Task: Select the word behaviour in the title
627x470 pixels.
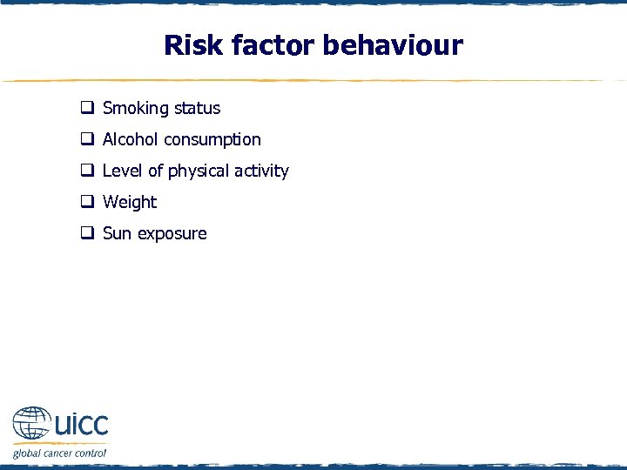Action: coord(393,45)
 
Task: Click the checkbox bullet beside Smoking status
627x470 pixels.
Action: coord(88,109)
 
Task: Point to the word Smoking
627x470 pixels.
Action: coord(136,109)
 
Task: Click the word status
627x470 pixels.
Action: coord(197,109)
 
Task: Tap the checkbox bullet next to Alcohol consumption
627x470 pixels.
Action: coord(88,140)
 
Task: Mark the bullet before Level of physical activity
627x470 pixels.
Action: coord(88,171)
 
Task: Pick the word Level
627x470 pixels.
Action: coord(123,171)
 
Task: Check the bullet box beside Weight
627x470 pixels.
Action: coord(88,203)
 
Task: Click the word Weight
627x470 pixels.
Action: coord(130,203)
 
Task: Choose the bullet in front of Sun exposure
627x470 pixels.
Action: coord(88,234)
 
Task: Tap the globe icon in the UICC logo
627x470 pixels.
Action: coord(31,425)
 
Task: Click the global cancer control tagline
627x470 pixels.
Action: coord(59,453)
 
